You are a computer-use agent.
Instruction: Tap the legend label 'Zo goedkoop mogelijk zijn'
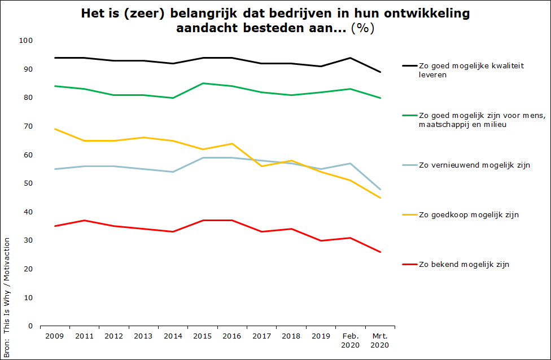(469, 214)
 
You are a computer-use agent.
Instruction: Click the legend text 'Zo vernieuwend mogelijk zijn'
(474, 165)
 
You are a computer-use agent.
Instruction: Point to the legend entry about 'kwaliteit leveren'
(471, 70)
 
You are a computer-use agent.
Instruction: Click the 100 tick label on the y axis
(27, 41)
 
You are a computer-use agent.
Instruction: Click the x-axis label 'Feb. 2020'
(350, 340)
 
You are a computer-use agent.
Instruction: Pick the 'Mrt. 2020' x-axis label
(380, 340)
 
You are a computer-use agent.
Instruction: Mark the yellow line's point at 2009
(55, 129)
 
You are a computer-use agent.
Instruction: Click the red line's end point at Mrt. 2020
(380, 252)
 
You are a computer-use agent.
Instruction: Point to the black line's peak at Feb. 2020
(350, 58)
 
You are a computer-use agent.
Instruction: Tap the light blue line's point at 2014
(173, 172)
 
